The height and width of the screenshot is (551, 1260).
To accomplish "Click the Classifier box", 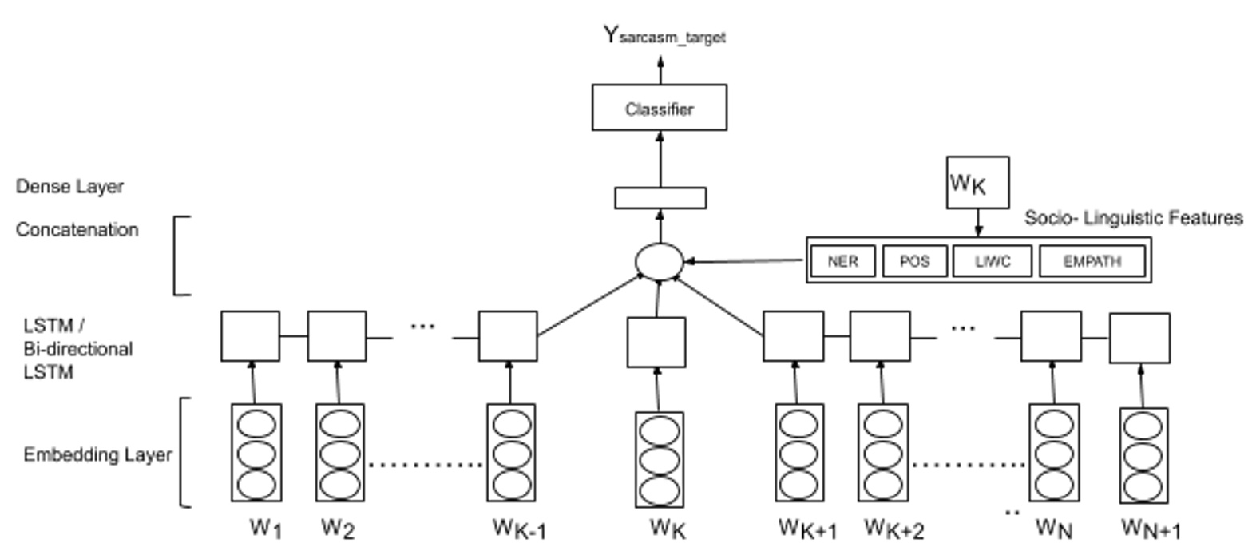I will pyautogui.click(x=659, y=108).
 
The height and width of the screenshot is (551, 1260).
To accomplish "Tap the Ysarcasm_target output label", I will pyautogui.click(x=664, y=36).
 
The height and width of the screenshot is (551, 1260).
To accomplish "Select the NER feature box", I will pyautogui.click(x=842, y=261).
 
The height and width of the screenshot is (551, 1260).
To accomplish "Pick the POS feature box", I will pyautogui.click(x=914, y=261).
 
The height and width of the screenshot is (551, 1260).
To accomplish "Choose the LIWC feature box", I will pyautogui.click(x=992, y=261).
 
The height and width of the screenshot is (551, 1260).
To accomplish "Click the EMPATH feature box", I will pyautogui.click(x=1092, y=261).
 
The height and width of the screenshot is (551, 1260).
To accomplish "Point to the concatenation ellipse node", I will pyautogui.click(x=659, y=262).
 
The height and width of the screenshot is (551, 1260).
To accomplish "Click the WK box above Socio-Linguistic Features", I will pyautogui.click(x=977, y=183).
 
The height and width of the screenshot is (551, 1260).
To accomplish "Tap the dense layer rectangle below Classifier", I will pyautogui.click(x=660, y=198).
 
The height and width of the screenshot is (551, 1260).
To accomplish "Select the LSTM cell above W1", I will pyautogui.click(x=250, y=336).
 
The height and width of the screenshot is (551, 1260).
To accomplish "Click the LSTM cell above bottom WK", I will pyautogui.click(x=656, y=343).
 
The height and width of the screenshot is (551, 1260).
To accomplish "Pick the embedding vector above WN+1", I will pyautogui.click(x=1143, y=456).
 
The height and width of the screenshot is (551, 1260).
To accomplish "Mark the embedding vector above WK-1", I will pyautogui.click(x=511, y=453).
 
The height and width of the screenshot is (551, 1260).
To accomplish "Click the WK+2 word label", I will pyautogui.click(x=893, y=529).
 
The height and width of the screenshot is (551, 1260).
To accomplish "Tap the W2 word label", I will pyautogui.click(x=337, y=528).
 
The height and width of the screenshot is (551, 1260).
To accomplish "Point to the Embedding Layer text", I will pyautogui.click(x=97, y=455).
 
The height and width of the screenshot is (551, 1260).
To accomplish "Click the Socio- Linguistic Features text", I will pyautogui.click(x=1133, y=218).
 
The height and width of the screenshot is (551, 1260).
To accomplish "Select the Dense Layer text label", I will pyautogui.click(x=69, y=187).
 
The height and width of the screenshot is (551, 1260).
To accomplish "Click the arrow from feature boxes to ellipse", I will pyautogui.click(x=747, y=260).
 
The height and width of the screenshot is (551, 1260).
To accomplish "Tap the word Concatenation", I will pyautogui.click(x=77, y=230).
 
